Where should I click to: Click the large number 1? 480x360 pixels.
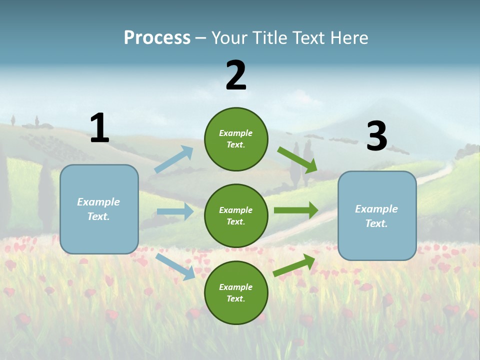[x=99, y=128]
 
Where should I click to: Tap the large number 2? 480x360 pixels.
[x=236, y=75]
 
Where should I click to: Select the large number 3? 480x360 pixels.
[x=376, y=136]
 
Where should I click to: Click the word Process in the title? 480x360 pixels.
[x=157, y=37]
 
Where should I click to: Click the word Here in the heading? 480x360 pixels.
[x=348, y=37]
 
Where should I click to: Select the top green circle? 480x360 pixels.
[x=236, y=139]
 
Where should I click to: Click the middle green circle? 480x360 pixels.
[x=236, y=215]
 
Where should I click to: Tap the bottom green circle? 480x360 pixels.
[x=236, y=292]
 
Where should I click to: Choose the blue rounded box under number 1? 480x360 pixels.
[x=99, y=209]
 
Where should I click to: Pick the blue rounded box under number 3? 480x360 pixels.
[x=377, y=215]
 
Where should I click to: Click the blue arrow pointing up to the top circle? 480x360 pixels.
[x=174, y=159]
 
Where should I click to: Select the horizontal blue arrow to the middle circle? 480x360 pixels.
[x=175, y=211]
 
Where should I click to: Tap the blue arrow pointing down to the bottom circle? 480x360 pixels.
[x=175, y=266]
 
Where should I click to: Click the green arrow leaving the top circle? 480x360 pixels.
[x=297, y=160]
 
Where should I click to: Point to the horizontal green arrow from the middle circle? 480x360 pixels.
[x=296, y=210]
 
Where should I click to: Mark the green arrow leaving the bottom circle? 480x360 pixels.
[x=294, y=265]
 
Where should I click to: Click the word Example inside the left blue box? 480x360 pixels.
[x=98, y=202]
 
